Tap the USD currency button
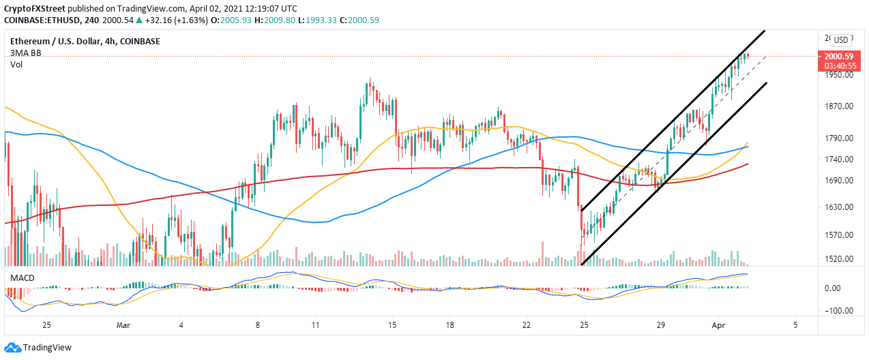tap(841, 40)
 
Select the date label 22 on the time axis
tap(527, 326)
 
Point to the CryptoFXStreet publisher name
tap(41, 8)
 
